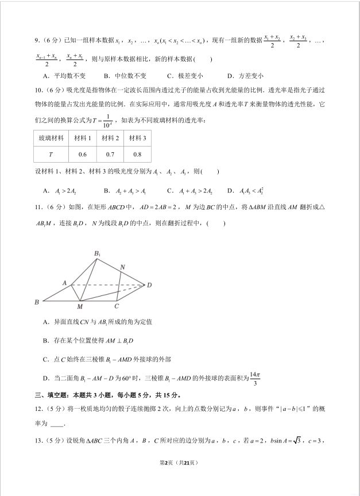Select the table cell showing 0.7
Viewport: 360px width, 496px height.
(110, 155)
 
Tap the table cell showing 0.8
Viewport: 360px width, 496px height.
(137, 155)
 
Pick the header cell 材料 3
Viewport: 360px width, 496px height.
(137, 139)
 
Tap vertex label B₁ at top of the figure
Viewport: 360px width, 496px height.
(97, 254)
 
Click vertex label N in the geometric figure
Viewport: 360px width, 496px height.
(122, 267)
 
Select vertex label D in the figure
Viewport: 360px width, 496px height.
(149, 285)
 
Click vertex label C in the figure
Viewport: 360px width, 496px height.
(116, 306)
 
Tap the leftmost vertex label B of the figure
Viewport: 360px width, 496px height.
(37, 302)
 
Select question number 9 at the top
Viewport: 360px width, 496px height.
(36, 40)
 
